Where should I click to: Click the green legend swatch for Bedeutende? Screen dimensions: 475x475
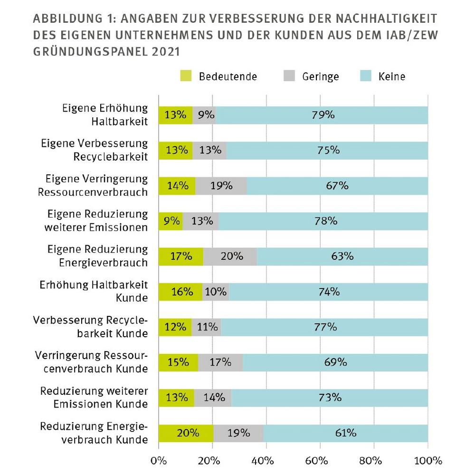(186, 76)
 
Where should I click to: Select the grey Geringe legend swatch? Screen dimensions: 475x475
(289, 76)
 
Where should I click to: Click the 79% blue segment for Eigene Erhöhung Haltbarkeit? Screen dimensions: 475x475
(322, 115)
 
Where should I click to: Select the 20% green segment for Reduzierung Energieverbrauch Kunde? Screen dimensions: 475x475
(186, 433)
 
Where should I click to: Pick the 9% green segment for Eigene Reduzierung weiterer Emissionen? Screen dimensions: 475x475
(171, 221)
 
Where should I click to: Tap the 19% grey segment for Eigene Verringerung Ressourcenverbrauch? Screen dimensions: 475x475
(221, 186)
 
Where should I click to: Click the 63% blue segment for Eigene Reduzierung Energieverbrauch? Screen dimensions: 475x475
(342, 256)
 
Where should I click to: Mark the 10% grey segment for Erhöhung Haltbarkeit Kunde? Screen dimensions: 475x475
(216, 292)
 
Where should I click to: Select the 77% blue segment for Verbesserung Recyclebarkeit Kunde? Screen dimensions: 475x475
(324, 327)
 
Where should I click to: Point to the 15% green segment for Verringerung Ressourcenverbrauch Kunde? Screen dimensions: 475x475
(178, 362)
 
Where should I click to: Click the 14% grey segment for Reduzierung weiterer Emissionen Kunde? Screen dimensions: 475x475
(212, 398)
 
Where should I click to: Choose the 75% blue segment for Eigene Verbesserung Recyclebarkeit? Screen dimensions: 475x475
(327, 150)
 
